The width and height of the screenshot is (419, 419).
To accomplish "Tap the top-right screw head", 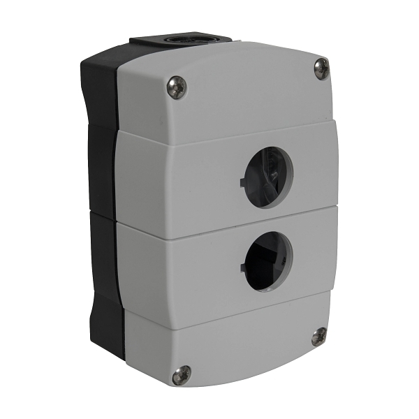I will pyautogui.click(x=321, y=68).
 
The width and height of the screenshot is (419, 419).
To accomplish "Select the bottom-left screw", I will pyautogui.click(x=182, y=374).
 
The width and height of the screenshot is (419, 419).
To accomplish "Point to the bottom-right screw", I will pyautogui.click(x=318, y=336).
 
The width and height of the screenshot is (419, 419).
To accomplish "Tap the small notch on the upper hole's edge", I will pyautogui.click(x=242, y=183).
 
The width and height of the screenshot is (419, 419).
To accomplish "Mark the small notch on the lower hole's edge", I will pyautogui.click(x=242, y=267).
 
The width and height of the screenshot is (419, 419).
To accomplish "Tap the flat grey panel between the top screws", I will pyautogui.click(x=244, y=84).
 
